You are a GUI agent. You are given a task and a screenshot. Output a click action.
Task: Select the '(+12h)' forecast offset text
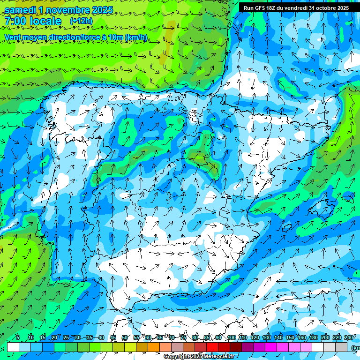(x=81, y=21)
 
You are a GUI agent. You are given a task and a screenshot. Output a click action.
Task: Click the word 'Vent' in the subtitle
(x=14, y=37)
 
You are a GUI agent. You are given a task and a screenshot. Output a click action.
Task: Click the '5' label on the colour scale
(x=18, y=338)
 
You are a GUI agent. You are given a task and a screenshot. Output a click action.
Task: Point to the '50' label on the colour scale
(x=125, y=338)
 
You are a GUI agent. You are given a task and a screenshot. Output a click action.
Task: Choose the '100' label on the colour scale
(x=231, y=338)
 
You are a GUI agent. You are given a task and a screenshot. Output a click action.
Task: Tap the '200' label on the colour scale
(x=325, y=338)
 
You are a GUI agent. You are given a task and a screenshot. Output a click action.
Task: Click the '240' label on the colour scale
(x=349, y=338)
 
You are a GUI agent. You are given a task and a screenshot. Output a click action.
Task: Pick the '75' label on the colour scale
(x=183, y=338)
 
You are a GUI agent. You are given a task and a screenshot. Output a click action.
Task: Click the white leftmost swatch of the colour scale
(x=13, y=347)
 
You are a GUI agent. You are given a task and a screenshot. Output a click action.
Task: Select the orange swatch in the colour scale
(x=154, y=347)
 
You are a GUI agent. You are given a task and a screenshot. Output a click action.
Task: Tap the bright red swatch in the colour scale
(x=212, y=347)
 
